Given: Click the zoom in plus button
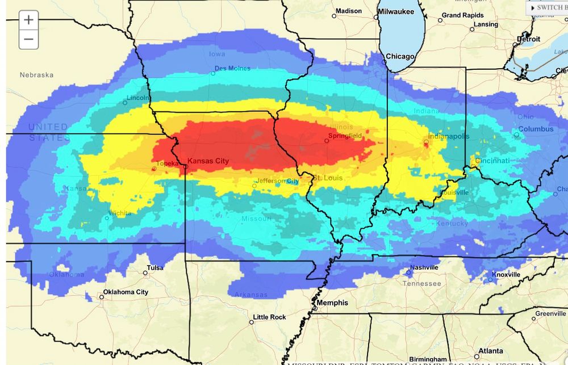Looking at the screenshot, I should click(28, 20).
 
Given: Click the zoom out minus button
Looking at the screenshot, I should click(28, 40).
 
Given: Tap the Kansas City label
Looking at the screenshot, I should click(208, 161).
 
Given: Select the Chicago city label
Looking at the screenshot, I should click(400, 56).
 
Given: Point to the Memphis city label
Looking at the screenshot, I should click(332, 303).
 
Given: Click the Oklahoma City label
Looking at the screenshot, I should click(126, 292).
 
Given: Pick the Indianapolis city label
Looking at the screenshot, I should click(449, 136).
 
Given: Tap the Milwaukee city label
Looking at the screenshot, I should click(396, 11).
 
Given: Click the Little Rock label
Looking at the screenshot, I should click(269, 317).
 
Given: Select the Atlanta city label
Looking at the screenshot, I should click(489, 351).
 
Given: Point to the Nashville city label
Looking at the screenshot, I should click(424, 267).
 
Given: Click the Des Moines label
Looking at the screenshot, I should click(233, 69).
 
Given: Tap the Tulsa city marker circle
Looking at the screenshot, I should click(145, 273).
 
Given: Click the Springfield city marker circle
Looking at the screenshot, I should click(327, 141).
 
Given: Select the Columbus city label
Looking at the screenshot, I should click(535, 129).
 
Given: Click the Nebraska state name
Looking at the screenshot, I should click(36, 75).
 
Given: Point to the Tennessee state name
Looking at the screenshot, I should click(421, 283).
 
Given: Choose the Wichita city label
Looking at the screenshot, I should click(120, 213).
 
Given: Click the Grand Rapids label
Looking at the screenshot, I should click(463, 15).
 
